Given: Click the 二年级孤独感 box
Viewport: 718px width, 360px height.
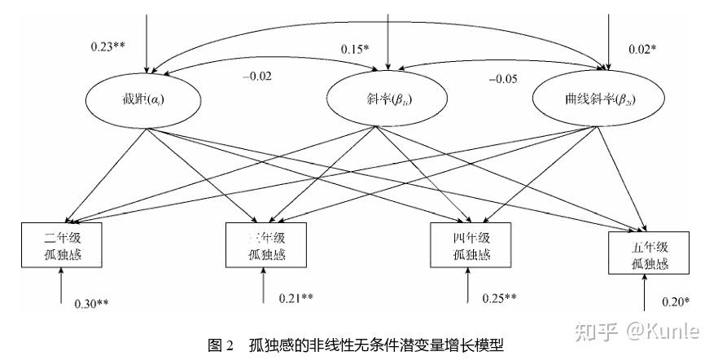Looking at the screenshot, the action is pos(61,244).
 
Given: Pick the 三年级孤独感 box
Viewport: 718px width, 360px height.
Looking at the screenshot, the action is pos(264,244).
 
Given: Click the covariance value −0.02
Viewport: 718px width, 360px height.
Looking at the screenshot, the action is pos(257,77).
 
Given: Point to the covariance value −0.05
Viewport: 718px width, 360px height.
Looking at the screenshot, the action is pos(502,79).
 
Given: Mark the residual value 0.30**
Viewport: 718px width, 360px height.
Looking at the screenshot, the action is pos(91,304).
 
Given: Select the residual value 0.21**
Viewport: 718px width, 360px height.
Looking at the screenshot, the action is pos(296,297).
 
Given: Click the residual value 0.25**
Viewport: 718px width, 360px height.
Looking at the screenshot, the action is pos(499,297).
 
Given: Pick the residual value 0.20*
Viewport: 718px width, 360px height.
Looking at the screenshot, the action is pos(675,302).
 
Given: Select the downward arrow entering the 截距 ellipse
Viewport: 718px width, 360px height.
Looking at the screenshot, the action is pos(147,41).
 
